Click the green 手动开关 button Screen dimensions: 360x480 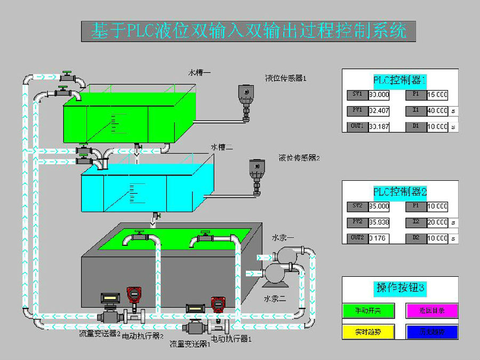(367, 310)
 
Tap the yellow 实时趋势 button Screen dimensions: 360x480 (367, 331)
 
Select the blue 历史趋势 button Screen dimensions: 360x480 (432, 331)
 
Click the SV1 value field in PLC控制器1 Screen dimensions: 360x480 (379, 95)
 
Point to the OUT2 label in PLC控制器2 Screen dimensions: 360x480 (357, 238)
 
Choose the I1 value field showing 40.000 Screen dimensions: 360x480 (437, 111)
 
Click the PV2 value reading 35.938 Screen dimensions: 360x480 (379, 222)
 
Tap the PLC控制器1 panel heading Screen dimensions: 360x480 (399, 81)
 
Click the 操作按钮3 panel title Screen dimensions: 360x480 (400, 288)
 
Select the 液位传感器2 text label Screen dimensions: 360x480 (299, 158)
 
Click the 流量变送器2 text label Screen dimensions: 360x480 (99, 334)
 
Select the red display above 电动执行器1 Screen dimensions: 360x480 (217, 304)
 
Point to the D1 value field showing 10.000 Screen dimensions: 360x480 (437, 127)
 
